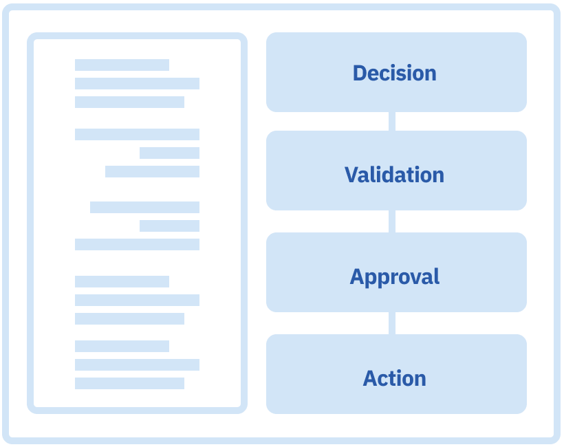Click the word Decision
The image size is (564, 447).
click(394, 73)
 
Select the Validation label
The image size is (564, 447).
click(394, 175)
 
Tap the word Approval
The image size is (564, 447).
click(394, 276)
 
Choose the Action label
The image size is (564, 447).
click(394, 378)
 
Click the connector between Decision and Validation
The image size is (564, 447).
click(392, 122)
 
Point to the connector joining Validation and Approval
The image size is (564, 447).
click(392, 221)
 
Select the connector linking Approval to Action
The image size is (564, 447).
click(392, 323)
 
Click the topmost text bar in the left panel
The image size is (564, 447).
click(122, 65)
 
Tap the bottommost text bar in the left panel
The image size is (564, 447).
click(129, 383)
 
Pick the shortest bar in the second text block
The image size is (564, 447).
click(169, 153)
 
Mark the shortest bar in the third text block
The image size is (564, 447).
click(169, 226)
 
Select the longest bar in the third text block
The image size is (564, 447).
click(137, 244)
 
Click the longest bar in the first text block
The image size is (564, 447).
click(137, 83)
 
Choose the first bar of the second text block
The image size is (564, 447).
click(137, 134)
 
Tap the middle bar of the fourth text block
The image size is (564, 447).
click(137, 300)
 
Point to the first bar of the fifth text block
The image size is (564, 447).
click(122, 346)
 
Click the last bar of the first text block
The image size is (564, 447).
click(129, 102)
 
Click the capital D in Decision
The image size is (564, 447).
click(360, 73)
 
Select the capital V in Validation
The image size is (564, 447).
click(351, 175)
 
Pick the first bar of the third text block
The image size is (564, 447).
click(144, 207)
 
